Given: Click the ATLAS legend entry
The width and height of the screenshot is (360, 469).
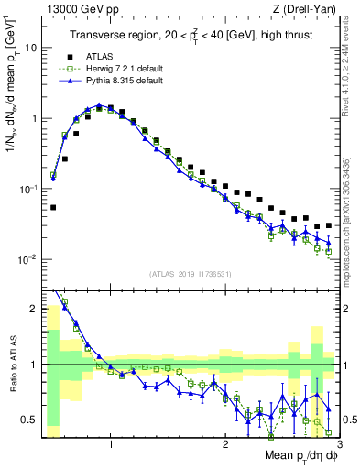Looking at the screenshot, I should [x=99, y=57].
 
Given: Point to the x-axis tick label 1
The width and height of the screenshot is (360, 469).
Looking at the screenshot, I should [x=111, y=444].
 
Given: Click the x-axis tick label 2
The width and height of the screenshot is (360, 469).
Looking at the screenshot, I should [x=225, y=444].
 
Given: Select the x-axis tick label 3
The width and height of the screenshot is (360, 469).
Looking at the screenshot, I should [x=339, y=444].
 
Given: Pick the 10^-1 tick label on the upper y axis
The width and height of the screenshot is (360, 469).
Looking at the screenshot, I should [x=29, y=189].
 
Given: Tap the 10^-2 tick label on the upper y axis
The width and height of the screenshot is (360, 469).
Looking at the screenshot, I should [x=29, y=259].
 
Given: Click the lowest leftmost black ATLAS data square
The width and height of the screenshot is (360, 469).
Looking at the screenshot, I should [x=53, y=208].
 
